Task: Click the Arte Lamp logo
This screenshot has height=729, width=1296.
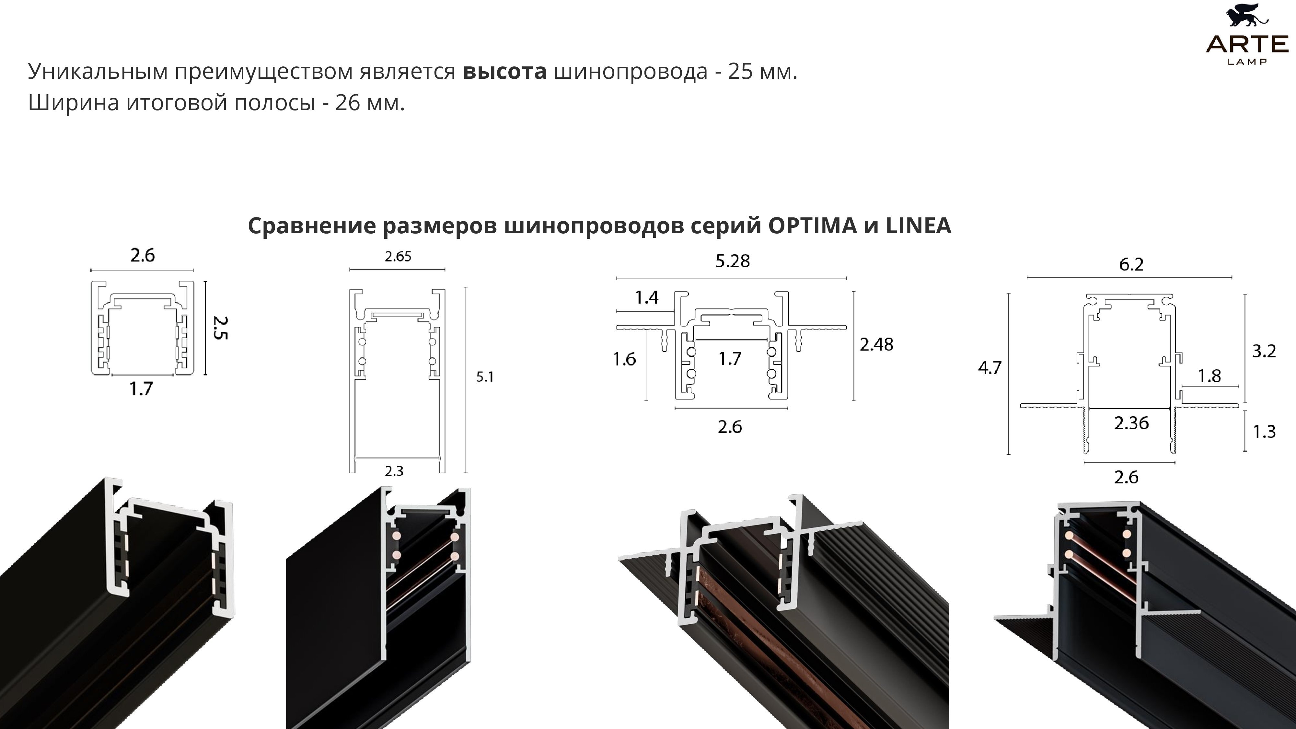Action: click(x=1247, y=35)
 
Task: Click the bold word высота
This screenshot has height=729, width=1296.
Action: click(x=504, y=71)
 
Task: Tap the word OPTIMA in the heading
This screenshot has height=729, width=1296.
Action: click(x=812, y=226)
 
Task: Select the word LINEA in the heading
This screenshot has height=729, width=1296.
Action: click(x=918, y=226)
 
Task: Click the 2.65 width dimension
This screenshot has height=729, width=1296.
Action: click(x=398, y=257)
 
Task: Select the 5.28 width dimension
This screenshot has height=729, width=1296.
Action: click(x=733, y=261)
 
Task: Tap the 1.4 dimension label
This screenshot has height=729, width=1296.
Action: click(x=646, y=297)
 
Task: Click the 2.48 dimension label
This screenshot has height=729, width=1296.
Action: click(x=876, y=345)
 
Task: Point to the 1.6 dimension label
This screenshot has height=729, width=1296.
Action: click(x=624, y=359)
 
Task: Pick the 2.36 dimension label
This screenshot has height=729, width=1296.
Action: click(x=1131, y=423)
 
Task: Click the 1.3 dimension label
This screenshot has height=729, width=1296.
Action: click(x=1264, y=432)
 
